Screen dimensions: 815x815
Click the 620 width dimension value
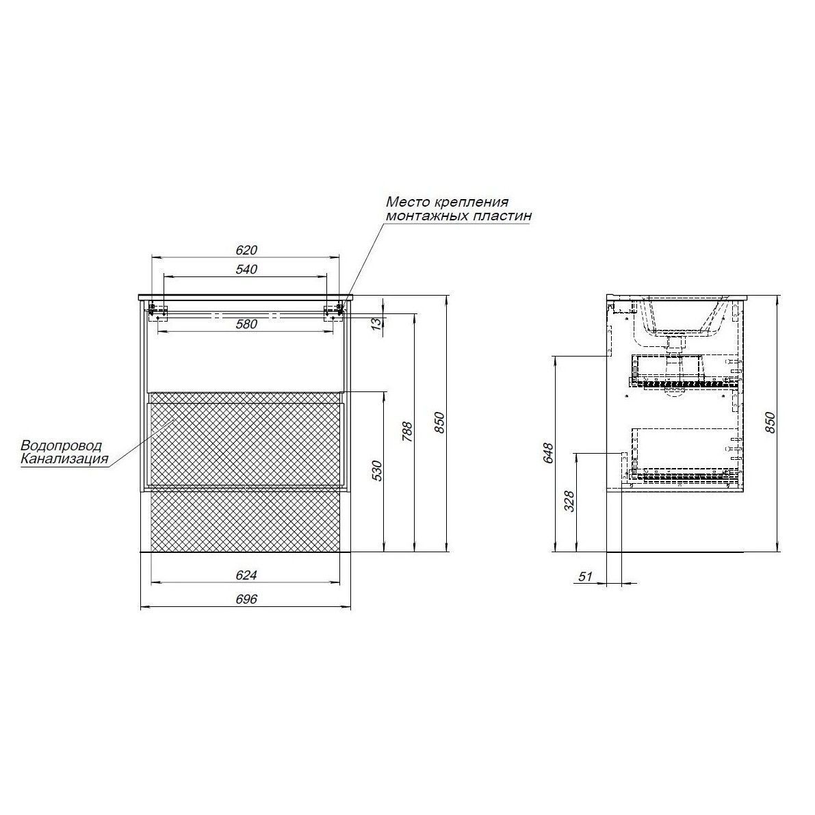(247, 250)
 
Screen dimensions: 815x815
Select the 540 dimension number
(247, 269)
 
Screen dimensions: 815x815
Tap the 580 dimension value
(247, 324)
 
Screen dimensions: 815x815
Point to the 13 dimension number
(378, 322)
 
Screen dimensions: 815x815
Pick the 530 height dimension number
(378, 470)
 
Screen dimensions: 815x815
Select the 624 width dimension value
(247, 575)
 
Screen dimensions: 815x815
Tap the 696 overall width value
(247, 599)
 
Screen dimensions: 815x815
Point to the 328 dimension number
(569, 502)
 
